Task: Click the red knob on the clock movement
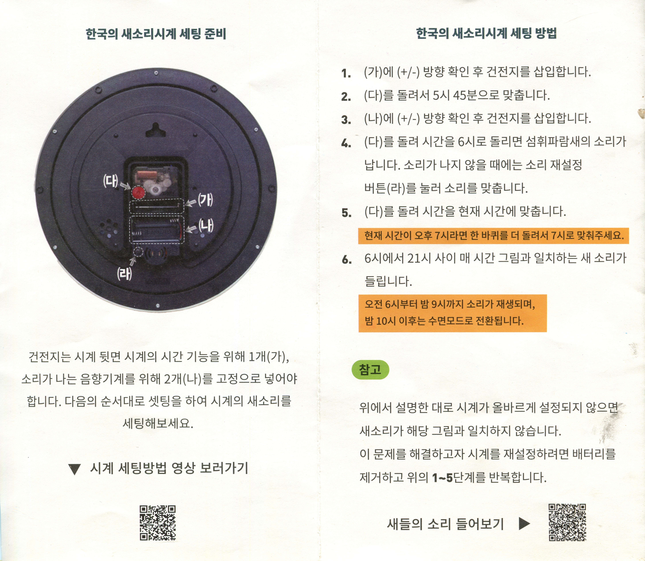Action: click(138, 193)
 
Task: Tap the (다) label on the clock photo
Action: click(111, 181)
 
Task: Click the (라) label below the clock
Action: click(124, 274)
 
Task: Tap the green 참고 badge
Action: click(370, 370)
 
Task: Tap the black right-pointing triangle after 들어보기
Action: click(524, 523)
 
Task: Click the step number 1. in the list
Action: click(346, 74)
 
